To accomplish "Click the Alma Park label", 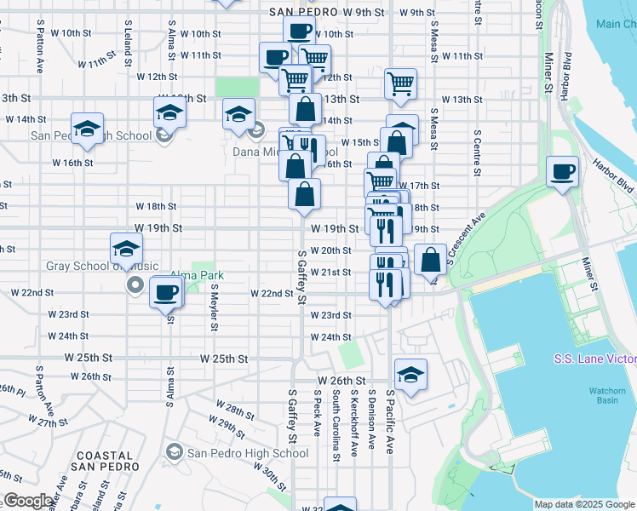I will [197, 276].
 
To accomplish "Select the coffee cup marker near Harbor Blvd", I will [562, 173].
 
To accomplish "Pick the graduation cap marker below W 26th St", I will [410, 376].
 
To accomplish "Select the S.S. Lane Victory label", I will [594, 359].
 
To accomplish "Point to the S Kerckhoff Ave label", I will [353, 416].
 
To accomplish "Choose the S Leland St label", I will [128, 43].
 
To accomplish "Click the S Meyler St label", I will [214, 307].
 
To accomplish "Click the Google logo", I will [28, 501].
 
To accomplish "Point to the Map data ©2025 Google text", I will [584, 504].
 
